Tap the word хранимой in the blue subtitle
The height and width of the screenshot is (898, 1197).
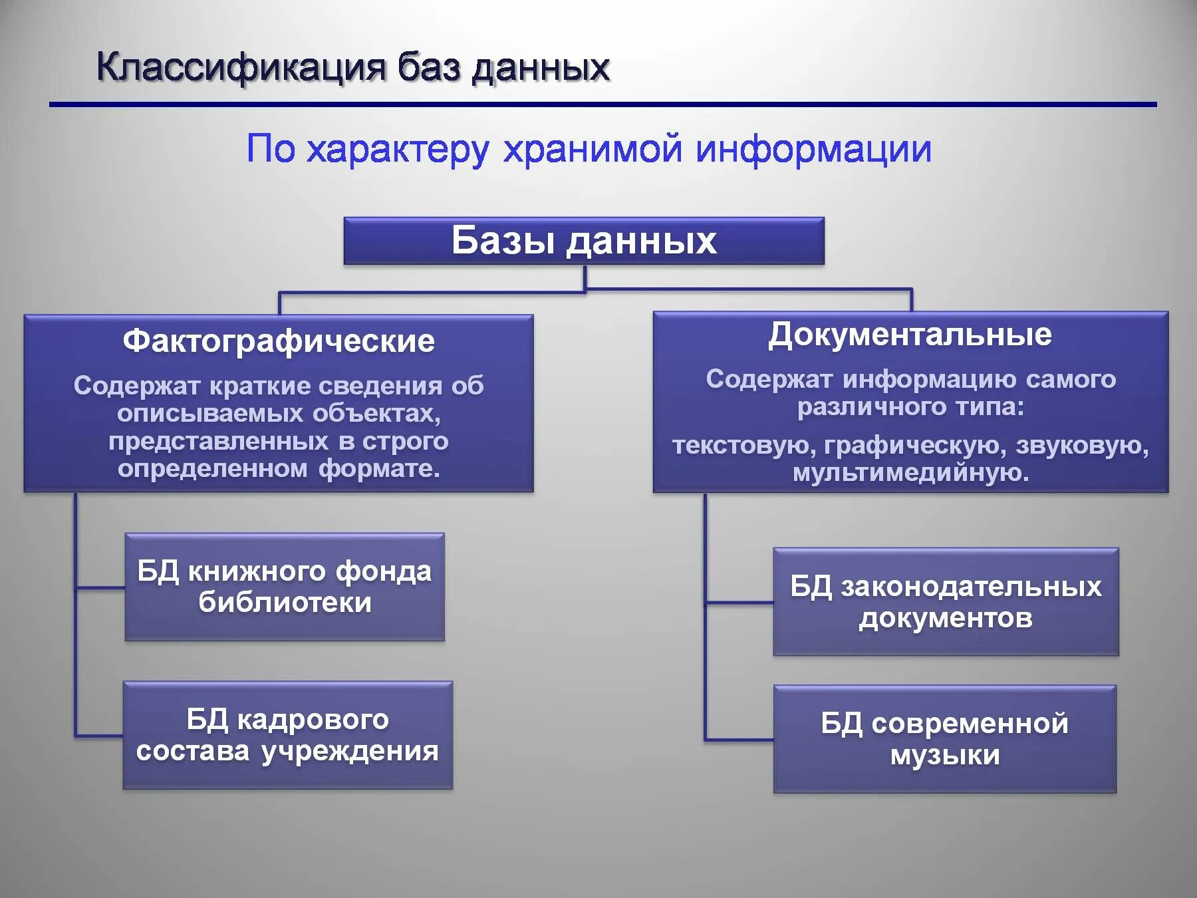point(593,148)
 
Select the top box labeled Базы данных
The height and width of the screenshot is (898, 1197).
point(584,241)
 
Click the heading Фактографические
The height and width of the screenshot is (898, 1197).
point(279,341)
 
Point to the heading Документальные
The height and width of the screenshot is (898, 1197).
point(910,335)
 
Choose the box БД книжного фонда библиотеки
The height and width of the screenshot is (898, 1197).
point(285,587)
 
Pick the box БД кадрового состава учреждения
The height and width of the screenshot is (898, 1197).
point(287,735)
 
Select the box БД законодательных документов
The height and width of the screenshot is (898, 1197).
point(946,602)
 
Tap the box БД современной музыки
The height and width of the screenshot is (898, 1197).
point(944,739)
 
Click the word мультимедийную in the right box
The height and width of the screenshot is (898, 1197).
point(910,473)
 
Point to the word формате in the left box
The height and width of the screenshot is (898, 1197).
point(379,469)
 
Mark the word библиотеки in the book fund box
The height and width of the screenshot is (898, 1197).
point(285,603)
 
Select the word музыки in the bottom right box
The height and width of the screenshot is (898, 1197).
point(944,756)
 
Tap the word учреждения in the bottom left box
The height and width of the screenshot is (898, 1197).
point(350,752)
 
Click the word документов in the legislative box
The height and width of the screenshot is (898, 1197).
point(946,619)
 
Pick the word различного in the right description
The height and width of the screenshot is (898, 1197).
point(859,406)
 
